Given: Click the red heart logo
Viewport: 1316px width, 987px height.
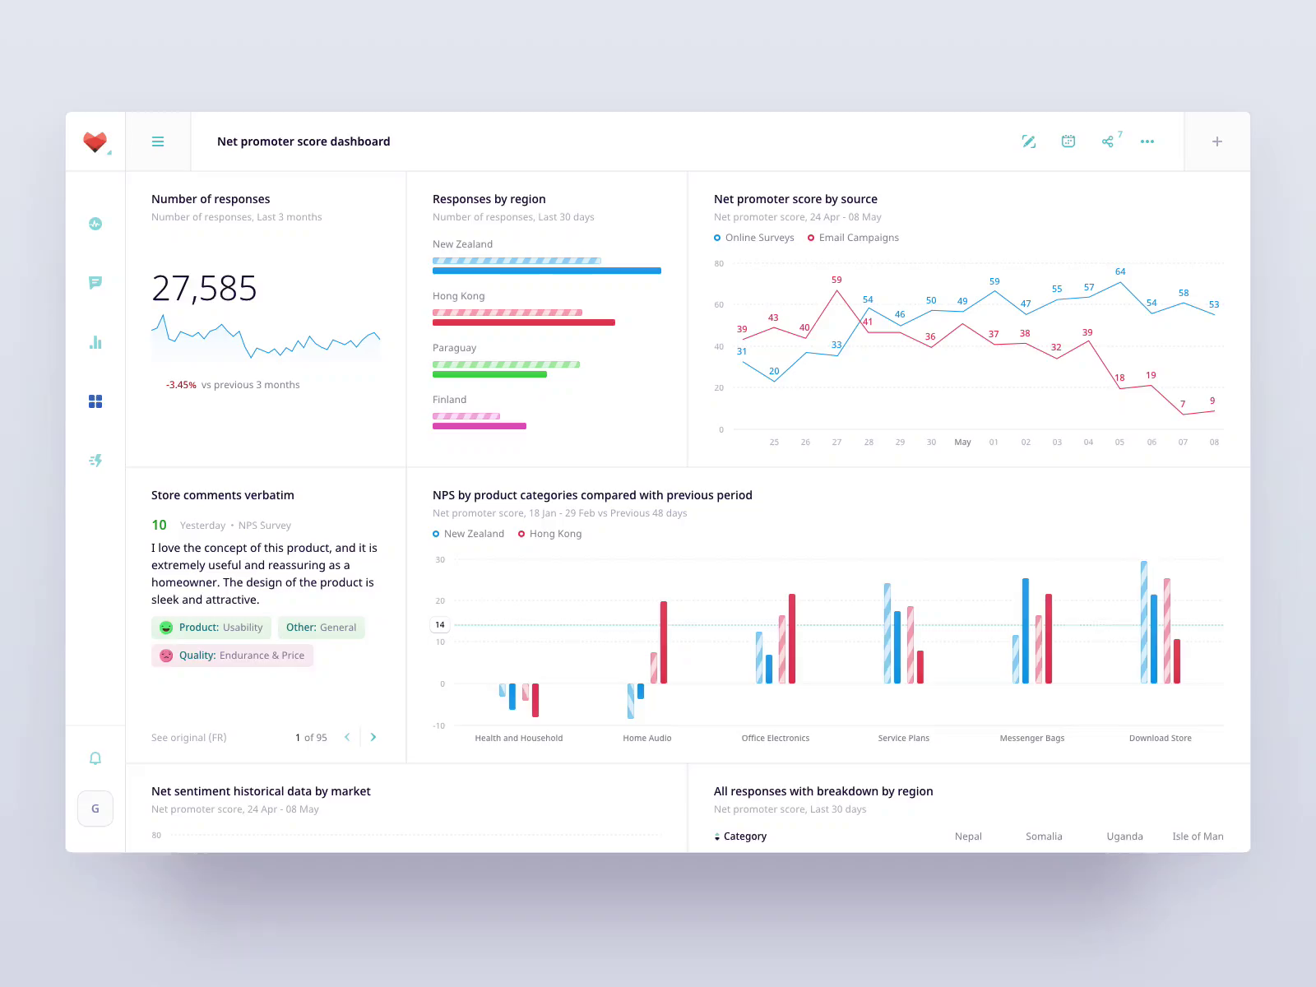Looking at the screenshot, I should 95,141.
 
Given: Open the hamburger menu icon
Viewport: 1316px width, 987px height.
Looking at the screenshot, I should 158,141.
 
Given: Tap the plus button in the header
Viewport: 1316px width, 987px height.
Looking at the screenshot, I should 1217,141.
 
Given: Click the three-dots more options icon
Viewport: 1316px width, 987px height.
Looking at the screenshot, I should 1147,141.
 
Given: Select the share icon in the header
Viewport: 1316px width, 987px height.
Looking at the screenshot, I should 1108,141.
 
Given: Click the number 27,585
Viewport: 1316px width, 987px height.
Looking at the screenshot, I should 204,289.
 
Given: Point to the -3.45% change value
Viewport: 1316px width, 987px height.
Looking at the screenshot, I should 181,385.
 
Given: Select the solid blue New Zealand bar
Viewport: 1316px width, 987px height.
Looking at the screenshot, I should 546,271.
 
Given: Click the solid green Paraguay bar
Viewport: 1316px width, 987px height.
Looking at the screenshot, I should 489,374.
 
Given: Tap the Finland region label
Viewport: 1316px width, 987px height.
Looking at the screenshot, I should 449,400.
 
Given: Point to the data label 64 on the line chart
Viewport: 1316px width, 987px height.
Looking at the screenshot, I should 1120,271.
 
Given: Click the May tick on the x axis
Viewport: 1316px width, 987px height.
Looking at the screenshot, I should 962,443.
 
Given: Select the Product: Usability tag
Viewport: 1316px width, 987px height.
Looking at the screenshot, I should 211,628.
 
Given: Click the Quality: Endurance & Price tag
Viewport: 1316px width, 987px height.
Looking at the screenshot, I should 232,656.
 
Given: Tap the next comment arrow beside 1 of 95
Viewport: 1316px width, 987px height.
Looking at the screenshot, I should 373,737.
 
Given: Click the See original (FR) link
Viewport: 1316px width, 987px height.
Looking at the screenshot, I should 188,738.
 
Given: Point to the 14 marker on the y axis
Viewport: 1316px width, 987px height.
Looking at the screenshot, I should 440,625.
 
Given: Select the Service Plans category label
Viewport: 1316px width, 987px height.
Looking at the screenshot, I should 903,739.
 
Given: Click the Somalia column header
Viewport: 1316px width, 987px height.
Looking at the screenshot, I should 1044,836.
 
